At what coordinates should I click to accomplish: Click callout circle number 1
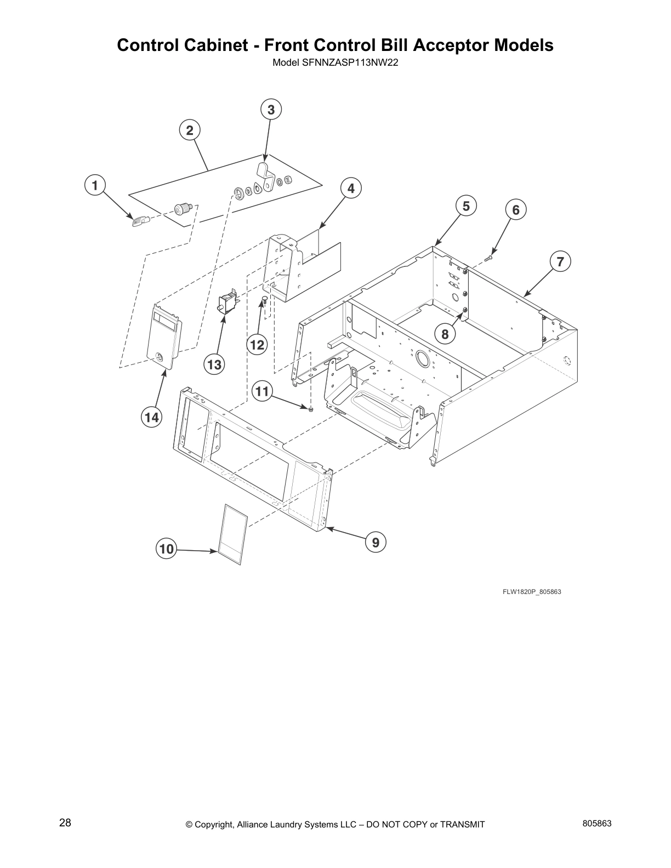[95, 185]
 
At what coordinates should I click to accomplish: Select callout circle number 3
[271, 110]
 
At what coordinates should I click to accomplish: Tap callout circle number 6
[515, 209]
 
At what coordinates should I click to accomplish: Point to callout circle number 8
[445, 334]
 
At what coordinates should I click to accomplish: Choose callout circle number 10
[167, 549]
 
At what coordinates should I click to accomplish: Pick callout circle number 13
[215, 364]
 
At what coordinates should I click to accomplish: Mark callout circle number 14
[151, 418]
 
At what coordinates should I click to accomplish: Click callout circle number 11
[263, 391]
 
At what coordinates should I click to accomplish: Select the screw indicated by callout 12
[264, 300]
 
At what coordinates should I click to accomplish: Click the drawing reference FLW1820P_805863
[531, 592]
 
